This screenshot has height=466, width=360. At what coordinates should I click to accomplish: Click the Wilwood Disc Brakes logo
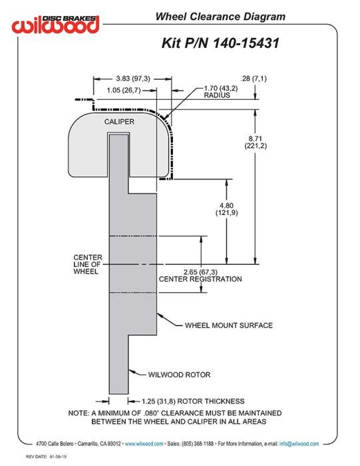coord(55,24)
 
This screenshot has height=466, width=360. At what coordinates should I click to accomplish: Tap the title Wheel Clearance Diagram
coord(220,17)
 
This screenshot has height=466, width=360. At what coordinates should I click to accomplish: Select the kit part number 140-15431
coord(246,43)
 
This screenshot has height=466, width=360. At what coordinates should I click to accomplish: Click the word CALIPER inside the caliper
coord(119,122)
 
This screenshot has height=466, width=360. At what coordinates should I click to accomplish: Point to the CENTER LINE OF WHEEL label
coord(88,264)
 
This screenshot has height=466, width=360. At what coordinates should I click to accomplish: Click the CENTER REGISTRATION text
coord(200,279)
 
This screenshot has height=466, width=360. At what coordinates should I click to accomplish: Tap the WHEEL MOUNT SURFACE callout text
coord(229,326)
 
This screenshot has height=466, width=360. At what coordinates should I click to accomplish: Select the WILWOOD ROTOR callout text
coord(179,375)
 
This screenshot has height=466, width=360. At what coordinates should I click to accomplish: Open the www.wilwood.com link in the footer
coord(144,444)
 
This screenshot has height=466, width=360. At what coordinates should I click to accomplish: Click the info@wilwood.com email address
coord(299,444)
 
